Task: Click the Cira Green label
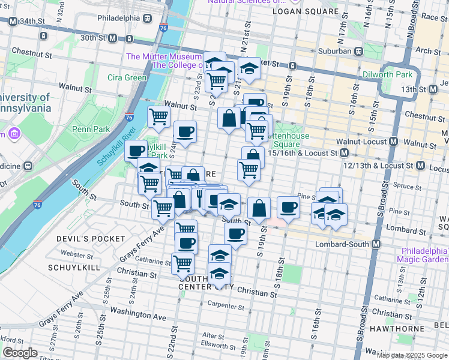pos(127,77)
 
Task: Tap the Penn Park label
pos(88,128)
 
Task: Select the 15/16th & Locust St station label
pos(303,154)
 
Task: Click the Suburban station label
pos(335,51)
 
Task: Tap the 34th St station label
pos(31,21)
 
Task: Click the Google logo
pos(20,353)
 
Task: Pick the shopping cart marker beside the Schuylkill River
pos(158,116)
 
